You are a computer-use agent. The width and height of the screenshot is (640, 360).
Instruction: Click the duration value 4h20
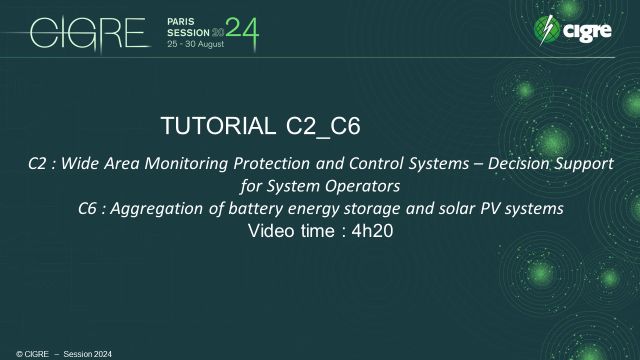tap(369, 232)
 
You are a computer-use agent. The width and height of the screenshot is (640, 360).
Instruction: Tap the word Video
tap(269, 232)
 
